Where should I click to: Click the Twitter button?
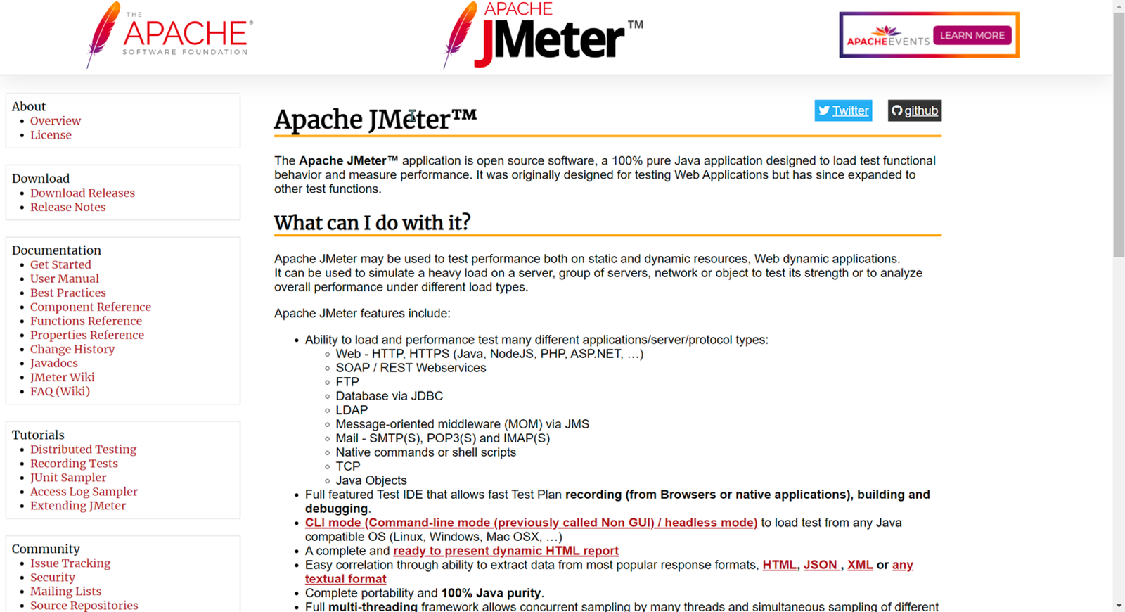coord(843,110)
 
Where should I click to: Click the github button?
coord(914,110)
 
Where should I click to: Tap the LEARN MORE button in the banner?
coord(972,35)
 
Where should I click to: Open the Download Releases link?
coord(82,193)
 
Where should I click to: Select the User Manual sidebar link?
coord(65,279)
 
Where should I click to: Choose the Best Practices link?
coord(68,293)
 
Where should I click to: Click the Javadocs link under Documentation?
coord(54,363)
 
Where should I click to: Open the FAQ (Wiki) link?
coord(60,391)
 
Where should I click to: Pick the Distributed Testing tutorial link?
coord(83,450)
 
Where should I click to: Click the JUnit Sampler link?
coord(68,478)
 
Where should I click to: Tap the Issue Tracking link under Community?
coord(70,563)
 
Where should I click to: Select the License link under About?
coord(51,135)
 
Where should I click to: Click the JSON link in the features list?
coord(821,565)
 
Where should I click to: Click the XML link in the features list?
coord(860,565)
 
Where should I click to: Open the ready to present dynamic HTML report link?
coord(506,551)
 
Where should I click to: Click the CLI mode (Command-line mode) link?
coord(531,523)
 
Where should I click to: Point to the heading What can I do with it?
coord(372,223)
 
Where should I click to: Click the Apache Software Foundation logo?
coord(169,35)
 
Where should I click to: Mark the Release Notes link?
coord(67,207)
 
